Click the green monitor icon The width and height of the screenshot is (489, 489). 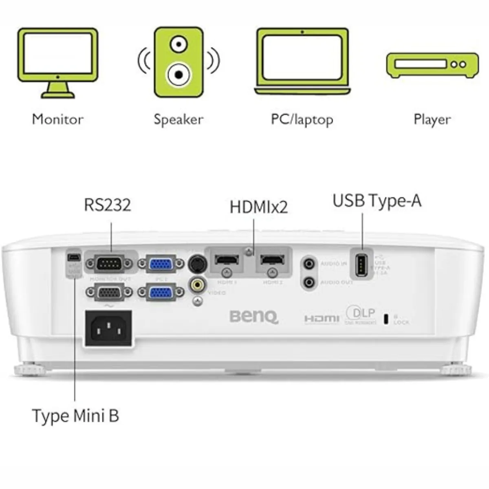coord(57,63)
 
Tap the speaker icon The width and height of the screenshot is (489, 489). coord(178,62)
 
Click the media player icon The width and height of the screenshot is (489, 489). coord(432,65)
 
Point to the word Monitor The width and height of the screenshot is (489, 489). coord(57,119)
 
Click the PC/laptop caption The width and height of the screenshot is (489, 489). coord(302,120)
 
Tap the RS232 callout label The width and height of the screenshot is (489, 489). coord(108,205)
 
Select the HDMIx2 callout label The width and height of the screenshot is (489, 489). coord(259,207)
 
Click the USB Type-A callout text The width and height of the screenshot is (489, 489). coord(377,201)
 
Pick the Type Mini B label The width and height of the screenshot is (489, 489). coord(75,416)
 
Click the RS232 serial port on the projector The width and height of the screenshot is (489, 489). coord(109,264)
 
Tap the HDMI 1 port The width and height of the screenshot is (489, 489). coord(227,260)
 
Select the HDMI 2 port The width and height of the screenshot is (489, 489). coord(273,260)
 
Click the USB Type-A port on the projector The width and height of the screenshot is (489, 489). coord(361,266)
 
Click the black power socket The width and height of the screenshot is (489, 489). coord(108,328)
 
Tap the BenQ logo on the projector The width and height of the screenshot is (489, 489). coord(254,317)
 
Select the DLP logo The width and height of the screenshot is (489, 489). coord(361,314)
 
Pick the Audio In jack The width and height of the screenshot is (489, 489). coord(310,264)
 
